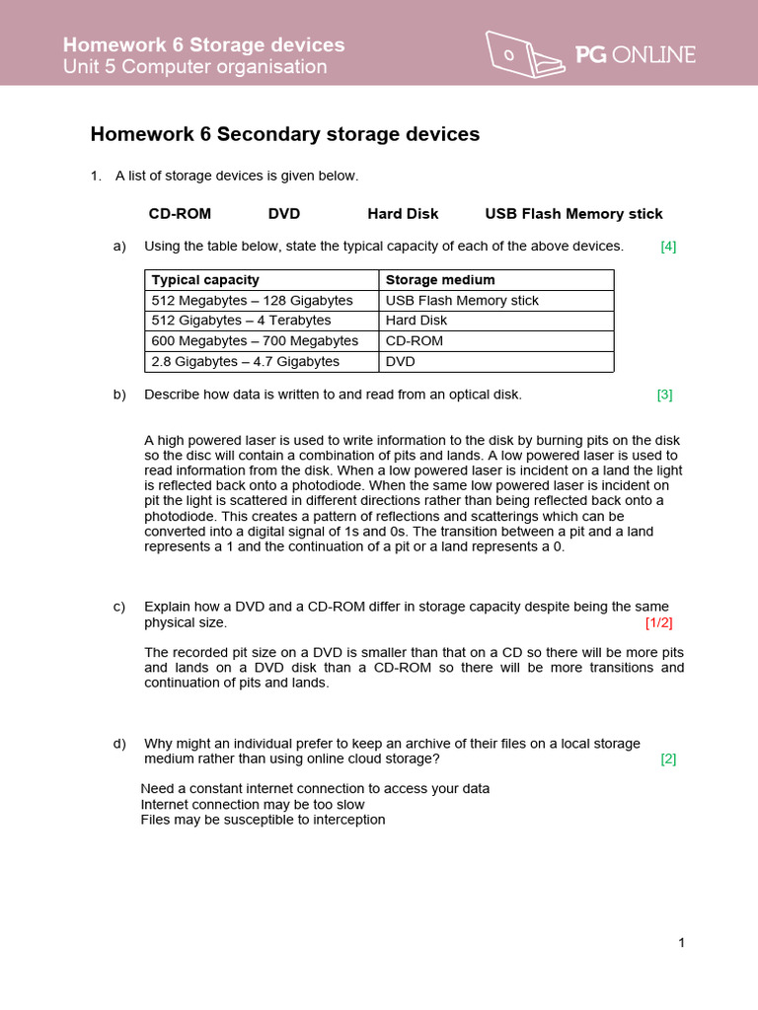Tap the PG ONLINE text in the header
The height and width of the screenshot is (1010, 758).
pyautogui.click(x=636, y=55)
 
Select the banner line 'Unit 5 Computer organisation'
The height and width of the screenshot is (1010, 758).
pyautogui.click(x=194, y=67)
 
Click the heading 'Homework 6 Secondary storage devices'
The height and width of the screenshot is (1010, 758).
pyautogui.click(x=285, y=134)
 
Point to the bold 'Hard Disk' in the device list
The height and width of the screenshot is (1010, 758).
pyautogui.click(x=403, y=214)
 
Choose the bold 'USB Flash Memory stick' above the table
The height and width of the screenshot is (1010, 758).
pyautogui.click(x=573, y=214)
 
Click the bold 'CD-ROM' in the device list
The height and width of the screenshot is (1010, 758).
pyautogui.click(x=180, y=214)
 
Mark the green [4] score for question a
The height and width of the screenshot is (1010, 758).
pyautogui.click(x=668, y=247)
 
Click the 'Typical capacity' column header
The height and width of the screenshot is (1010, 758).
pyautogui.click(x=205, y=280)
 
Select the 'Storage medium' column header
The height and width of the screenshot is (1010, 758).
pyautogui.click(x=440, y=280)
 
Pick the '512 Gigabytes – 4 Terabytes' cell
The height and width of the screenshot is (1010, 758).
pyautogui.click(x=241, y=321)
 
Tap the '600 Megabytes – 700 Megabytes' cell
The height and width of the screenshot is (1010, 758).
pyautogui.click(x=255, y=341)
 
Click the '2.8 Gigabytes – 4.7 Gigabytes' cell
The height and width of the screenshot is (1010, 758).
pyautogui.click(x=245, y=362)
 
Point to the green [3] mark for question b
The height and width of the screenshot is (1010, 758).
pyautogui.click(x=664, y=395)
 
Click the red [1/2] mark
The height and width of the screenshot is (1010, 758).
pyautogui.click(x=658, y=623)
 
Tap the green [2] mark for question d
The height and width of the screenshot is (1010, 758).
pyautogui.click(x=668, y=758)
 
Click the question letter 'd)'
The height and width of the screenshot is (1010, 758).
pyautogui.click(x=120, y=744)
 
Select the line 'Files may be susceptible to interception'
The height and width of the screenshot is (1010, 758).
pyautogui.click(x=263, y=820)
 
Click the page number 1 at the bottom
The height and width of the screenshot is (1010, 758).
pyautogui.click(x=681, y=943)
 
